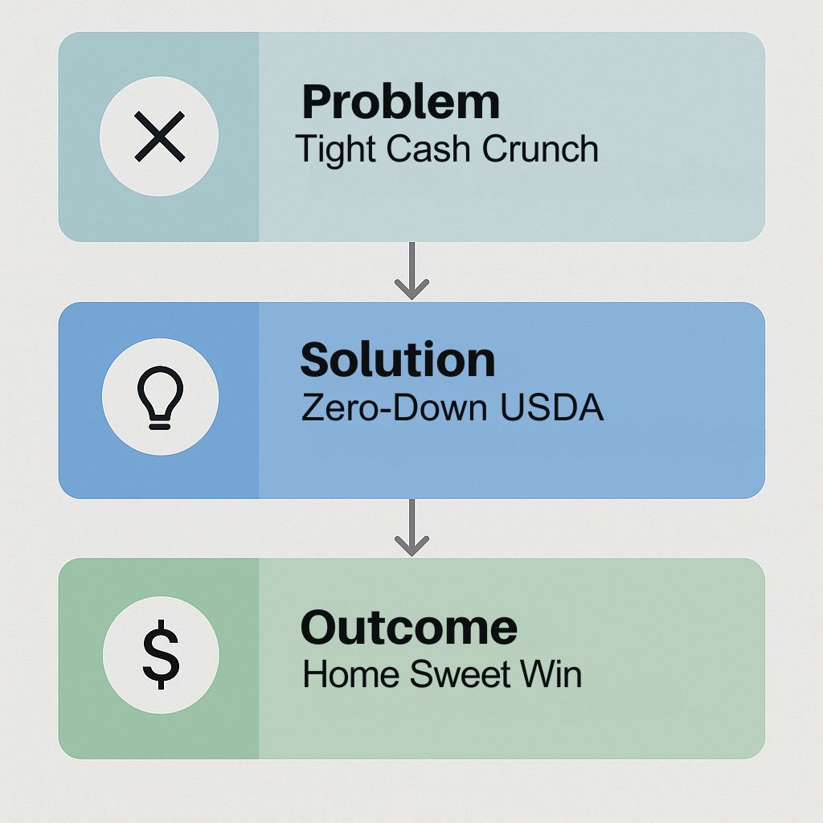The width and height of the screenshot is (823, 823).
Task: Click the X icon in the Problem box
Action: coord(160,136)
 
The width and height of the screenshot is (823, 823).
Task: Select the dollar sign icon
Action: coord(161,654)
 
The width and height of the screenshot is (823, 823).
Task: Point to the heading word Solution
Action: coord(398,359)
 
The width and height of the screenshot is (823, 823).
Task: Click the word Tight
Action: coord(337,150)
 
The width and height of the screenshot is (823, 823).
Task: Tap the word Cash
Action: coord(428,148)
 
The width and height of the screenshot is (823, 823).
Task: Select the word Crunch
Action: coord(540,148)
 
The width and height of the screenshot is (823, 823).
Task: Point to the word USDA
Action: coord(551,407)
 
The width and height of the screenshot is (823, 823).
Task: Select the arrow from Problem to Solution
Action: coord(412,271)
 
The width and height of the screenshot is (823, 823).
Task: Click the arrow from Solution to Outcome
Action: coord(412,527)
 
